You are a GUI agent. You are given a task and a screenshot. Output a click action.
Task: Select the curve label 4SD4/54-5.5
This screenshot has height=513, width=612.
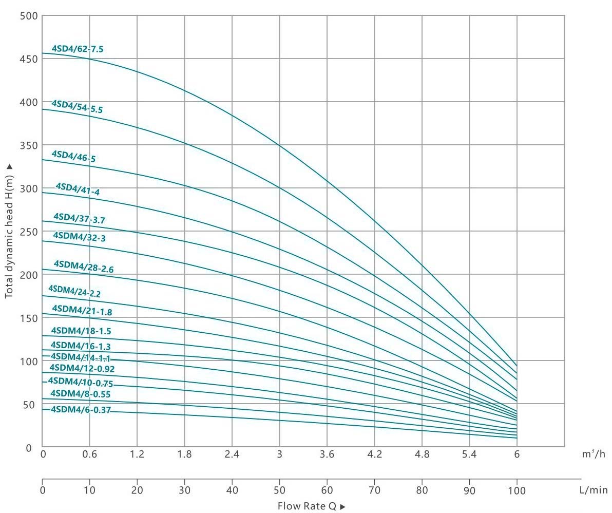(77, 106)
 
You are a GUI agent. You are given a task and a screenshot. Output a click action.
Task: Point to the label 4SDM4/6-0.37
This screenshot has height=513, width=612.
(81, 410)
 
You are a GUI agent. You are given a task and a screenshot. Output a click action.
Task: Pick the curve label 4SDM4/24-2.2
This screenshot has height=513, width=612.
(74, 291)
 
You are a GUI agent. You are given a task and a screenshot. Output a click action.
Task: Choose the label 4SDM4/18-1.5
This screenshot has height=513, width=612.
(81, 331)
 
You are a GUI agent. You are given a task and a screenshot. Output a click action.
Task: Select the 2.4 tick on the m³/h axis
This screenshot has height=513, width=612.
(232, 454)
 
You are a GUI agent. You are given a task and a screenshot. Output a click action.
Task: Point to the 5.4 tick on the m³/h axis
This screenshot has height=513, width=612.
(469, 454)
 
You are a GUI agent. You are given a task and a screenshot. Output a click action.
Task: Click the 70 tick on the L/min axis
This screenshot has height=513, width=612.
(374, 490)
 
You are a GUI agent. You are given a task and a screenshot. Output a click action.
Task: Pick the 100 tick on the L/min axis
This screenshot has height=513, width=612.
(517, 490)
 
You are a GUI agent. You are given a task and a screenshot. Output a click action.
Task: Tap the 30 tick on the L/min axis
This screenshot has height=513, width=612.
(184, 490)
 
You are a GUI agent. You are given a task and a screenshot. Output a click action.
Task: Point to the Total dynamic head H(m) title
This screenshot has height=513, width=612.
(9, 232)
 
